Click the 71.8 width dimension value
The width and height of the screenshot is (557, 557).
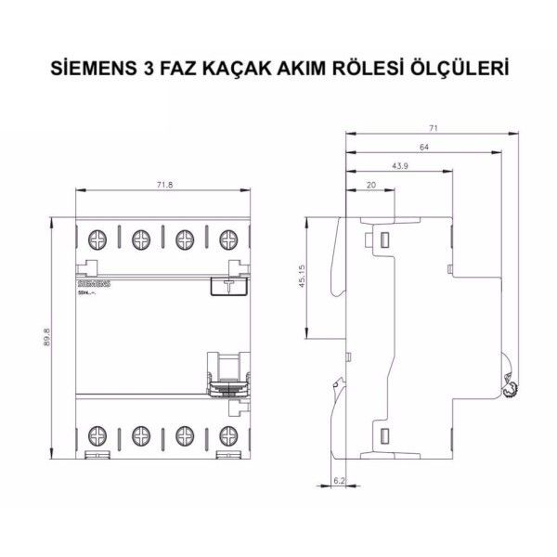[x=163, y=186]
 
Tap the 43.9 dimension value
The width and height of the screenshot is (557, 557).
[x=401, y=167]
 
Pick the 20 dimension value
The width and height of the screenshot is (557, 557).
[x=371, y=186]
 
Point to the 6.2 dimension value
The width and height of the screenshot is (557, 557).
[x=339, y=480]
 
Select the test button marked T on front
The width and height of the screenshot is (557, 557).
[x=227, y=286]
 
